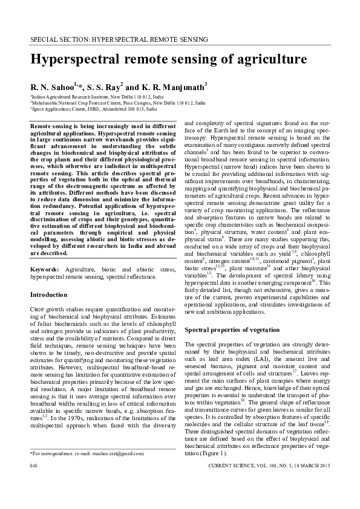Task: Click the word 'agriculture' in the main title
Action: click(261, 59)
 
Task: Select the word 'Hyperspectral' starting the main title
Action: click(77, 59)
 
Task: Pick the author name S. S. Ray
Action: click(105, 87)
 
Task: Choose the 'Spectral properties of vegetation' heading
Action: click(232, 330)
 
